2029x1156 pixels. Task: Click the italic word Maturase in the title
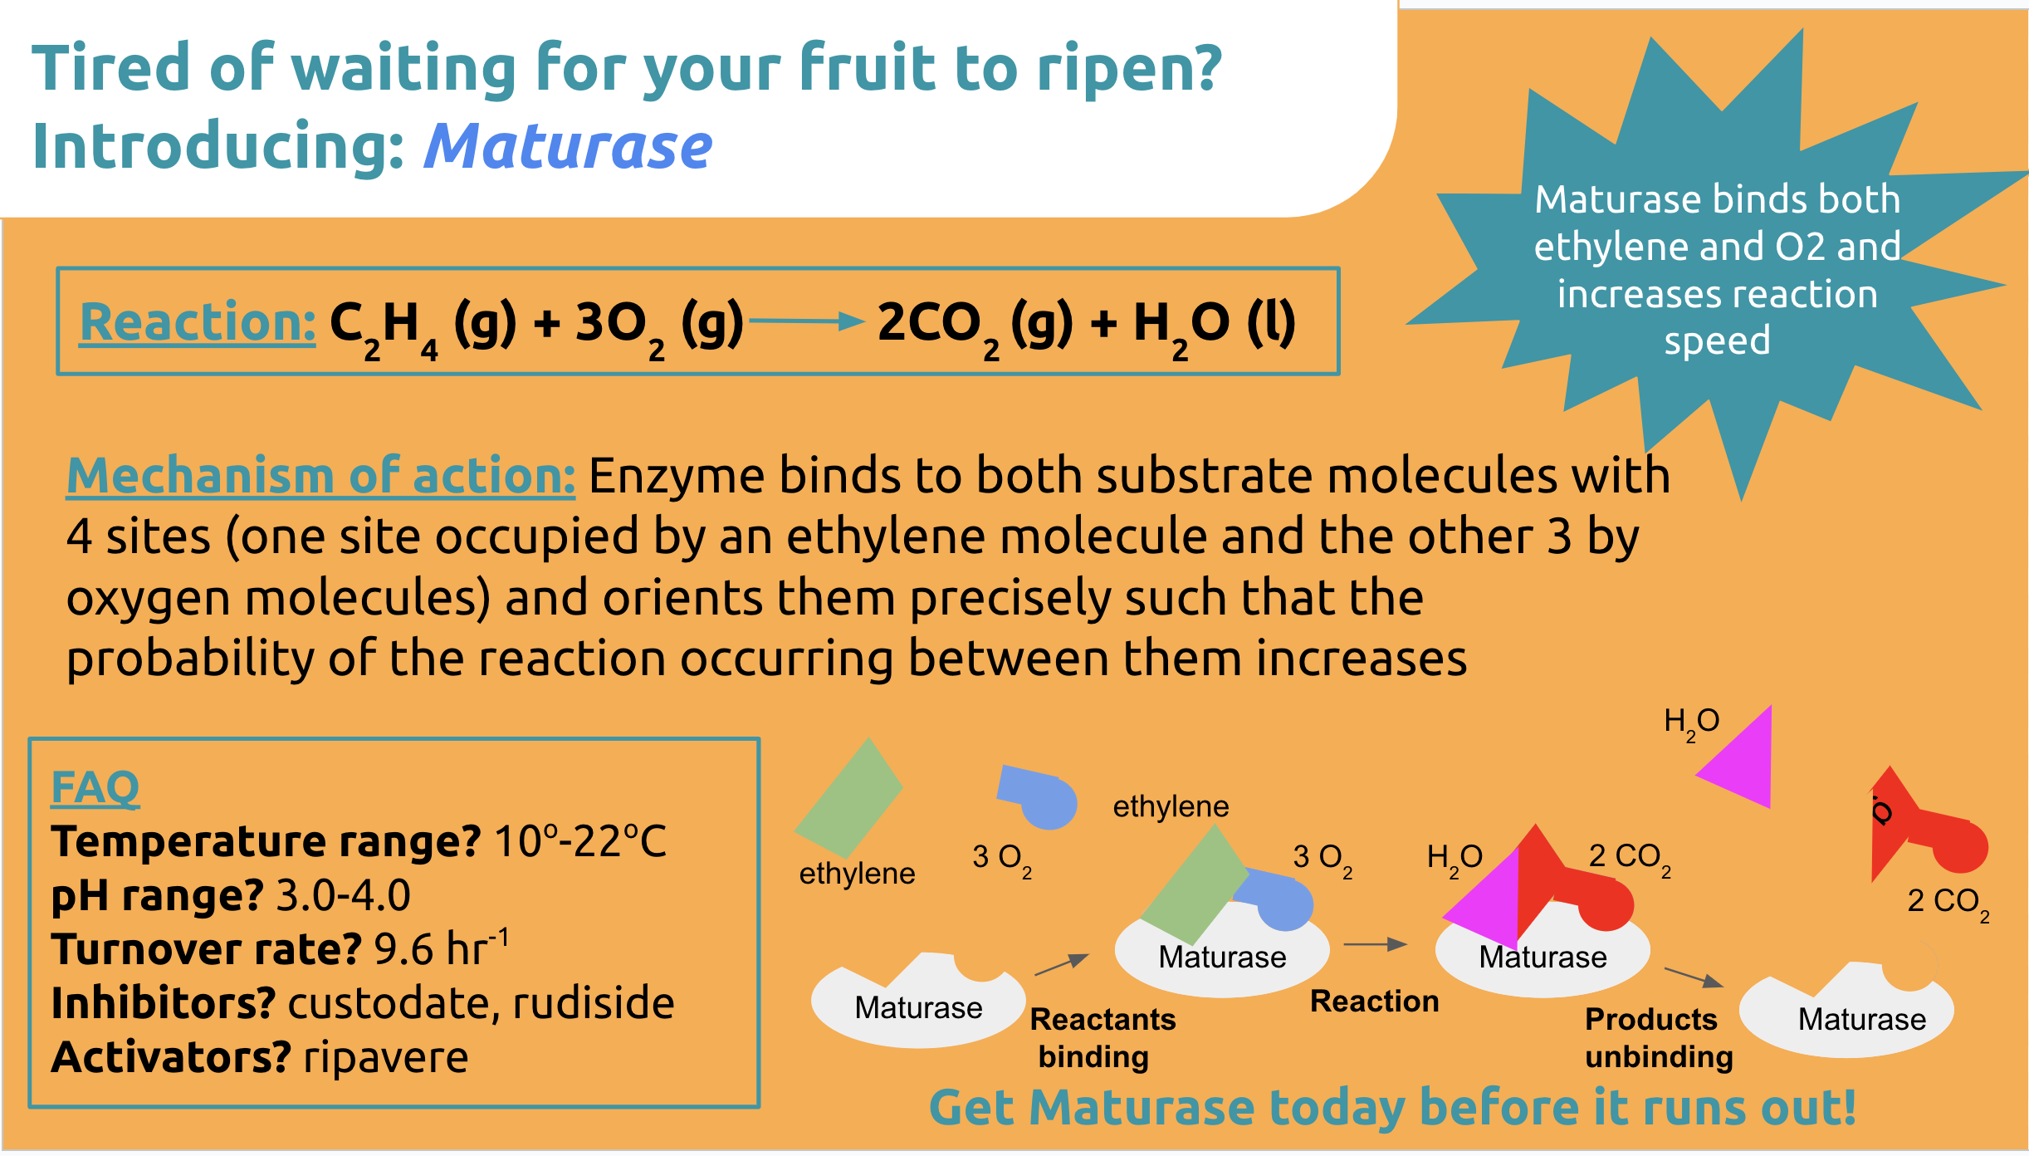point(568,146)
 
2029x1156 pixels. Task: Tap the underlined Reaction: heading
point(198,322)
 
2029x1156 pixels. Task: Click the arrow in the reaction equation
point(806,321)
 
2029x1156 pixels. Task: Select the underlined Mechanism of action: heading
point(320,476)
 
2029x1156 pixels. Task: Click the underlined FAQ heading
point(95,786)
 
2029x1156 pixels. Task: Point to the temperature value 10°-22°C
point(580,841)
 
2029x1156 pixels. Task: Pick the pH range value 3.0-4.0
point(343,895)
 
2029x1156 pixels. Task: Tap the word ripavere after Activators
point(386,1057)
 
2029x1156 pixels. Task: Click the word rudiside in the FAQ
point(594,1002)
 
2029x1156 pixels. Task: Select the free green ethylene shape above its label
point(848,797)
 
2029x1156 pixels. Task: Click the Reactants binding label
point(1103,1037)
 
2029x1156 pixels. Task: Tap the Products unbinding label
point(1659,1037)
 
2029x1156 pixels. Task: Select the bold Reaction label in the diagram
point(1374,1001)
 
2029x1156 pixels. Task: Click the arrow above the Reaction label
point(1375,944)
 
